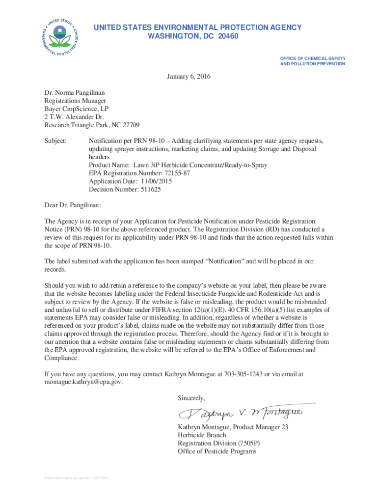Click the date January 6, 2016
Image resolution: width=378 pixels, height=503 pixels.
(189, 77)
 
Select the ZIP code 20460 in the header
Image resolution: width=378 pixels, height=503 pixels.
(229, 36)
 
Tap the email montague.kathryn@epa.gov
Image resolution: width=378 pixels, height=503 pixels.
(83, 382)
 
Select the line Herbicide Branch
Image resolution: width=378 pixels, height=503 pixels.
(202, 435)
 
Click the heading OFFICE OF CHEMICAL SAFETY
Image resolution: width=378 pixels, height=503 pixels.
(312, 58)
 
